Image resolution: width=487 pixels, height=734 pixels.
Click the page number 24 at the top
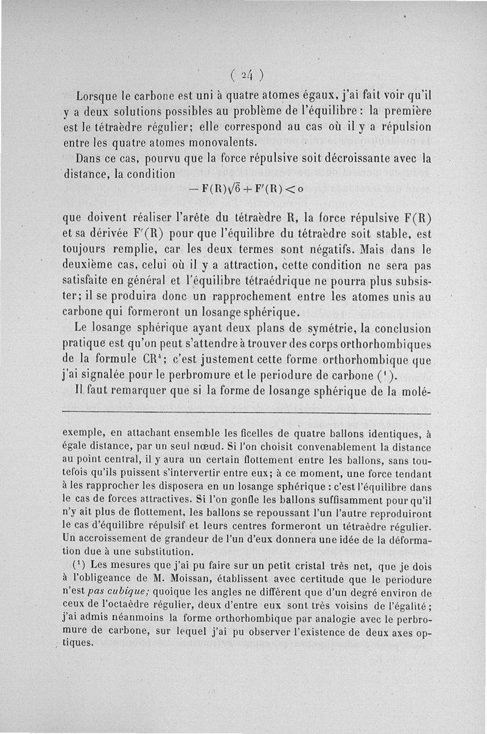247,75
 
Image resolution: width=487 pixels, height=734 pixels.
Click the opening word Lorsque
97,96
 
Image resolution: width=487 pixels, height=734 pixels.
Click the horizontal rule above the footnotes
246,415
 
